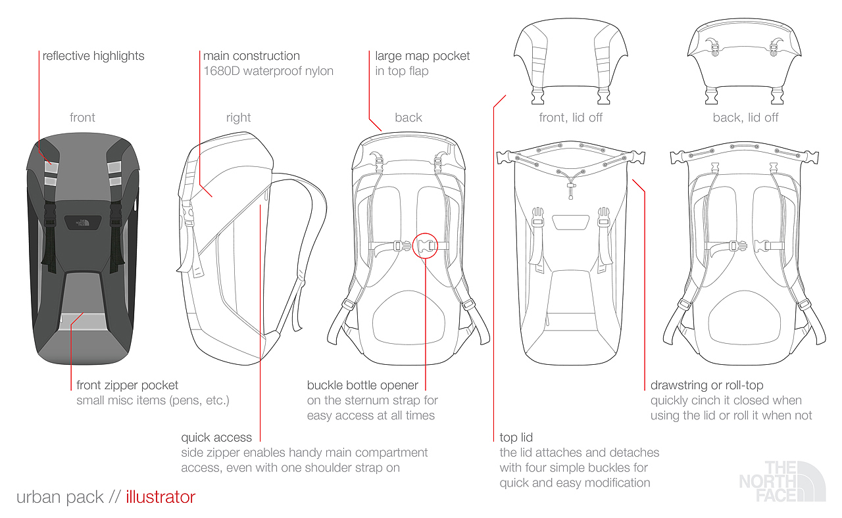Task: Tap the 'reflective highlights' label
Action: click(x=93, y=56)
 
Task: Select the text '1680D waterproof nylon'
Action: click(x=268, y=71)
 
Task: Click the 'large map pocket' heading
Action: click(x=422, y=56)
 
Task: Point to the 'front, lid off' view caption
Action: click(x=570, y=118)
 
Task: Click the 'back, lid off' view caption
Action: click(x=745, y=118)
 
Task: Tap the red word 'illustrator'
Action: click(x=161, y=497)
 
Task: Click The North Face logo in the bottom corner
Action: click(x=781, y=481)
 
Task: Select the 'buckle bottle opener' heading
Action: click(x=362, y=385)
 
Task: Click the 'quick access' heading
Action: click(x=216, y=437)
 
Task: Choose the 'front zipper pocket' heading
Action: click(x=127, y=385)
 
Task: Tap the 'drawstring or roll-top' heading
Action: click(x=706, y=385)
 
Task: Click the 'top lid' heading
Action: click(x=516, y=437)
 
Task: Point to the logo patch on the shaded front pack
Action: click(x=82, y=222)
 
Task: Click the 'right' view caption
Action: click(x=238, y=118)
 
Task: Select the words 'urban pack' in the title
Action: click(x=60, y=497)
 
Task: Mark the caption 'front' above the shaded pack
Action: click(x=82, y=118)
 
